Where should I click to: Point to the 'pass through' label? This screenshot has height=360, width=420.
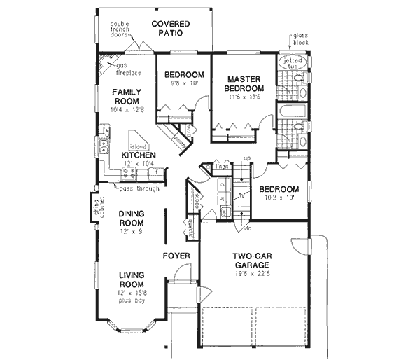[x=137, y=188]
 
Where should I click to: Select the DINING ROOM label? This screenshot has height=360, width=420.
[x=131, y=218]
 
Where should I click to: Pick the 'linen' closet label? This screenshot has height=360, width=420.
[x=222, y=166]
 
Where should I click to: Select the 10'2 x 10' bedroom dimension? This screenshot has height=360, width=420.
[x=279, y=199]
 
